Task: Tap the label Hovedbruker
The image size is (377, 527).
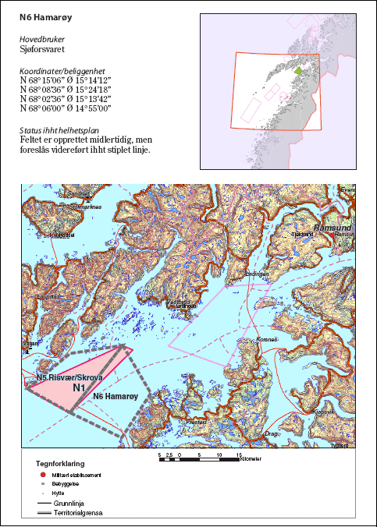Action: point(42,37)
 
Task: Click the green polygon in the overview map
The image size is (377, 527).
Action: point(297,71)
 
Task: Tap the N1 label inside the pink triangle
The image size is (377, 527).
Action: point(79,387)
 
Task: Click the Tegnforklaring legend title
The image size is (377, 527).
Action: point(61,462)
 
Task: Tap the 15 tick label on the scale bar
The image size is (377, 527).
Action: point(239,454)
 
